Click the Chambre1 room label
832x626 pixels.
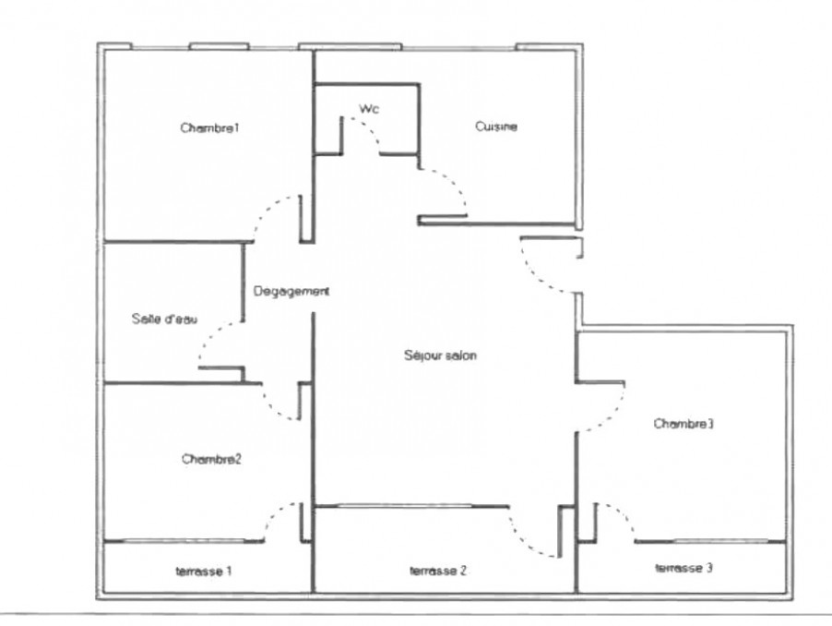[x=210, y=128]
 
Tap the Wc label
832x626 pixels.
[x=369, y=109]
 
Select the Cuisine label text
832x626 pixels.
[x=496, y=126]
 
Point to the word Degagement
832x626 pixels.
[x=291, y=292]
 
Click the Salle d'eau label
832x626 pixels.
[x=164, y=319]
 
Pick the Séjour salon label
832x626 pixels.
[x=440, y=355]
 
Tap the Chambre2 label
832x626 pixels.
[x=212, y=459]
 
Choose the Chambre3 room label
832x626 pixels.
[x=683, y=424]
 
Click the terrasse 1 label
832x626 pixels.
[x=204, y=572]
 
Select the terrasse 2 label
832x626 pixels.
[x=438, y=571]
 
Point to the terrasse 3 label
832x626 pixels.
[x=684, y=568]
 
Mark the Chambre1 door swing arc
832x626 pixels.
[x=267, y=209]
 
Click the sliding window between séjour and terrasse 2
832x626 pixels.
[x=404, y=506]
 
